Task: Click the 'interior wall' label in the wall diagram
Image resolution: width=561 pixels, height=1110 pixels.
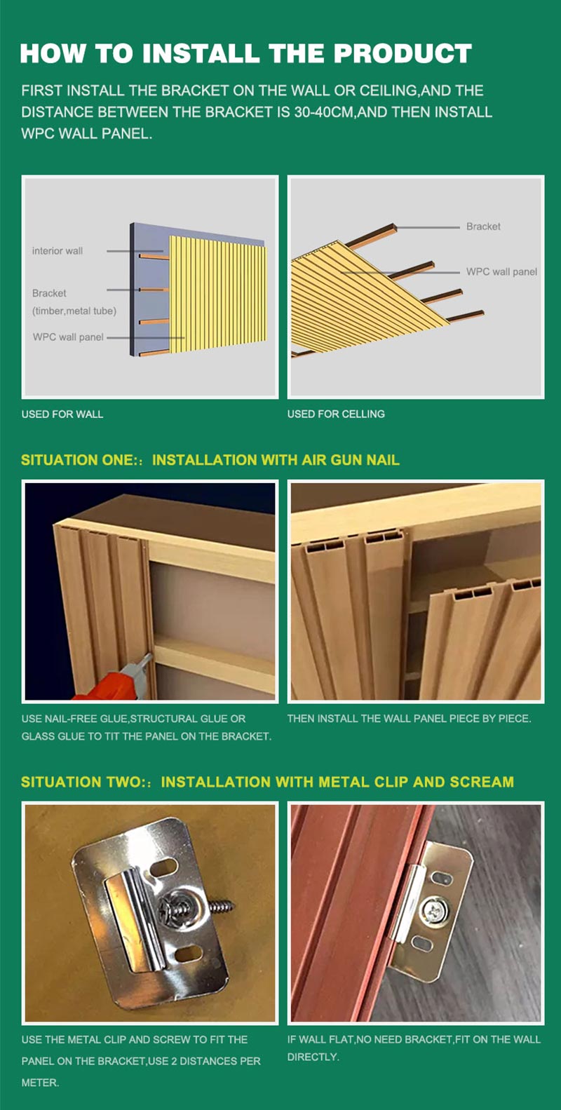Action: pos(58,251)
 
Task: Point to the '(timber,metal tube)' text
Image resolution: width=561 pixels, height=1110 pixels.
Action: pos(74,311)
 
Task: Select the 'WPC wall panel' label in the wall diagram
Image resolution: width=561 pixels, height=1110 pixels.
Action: pos(68,337)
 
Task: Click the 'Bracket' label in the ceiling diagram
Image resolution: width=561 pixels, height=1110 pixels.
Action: pos(483,226)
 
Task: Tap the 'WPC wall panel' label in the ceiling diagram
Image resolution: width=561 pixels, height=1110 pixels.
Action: pos(501,272)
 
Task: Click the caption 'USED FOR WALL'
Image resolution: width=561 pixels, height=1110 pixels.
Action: pos(62,414)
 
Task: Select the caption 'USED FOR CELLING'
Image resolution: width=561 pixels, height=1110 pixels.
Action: pos(336,414)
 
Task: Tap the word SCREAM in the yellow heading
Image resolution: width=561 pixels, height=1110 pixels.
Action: pos(482,782)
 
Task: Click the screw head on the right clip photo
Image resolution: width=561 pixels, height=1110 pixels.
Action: pos(430,910)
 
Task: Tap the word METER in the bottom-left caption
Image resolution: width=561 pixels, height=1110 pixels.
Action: pos(39,1083)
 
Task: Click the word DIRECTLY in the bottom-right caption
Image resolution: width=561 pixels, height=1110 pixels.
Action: pos(313,1057)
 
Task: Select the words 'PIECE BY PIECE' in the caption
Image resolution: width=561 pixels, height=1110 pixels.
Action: pos(495,719)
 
